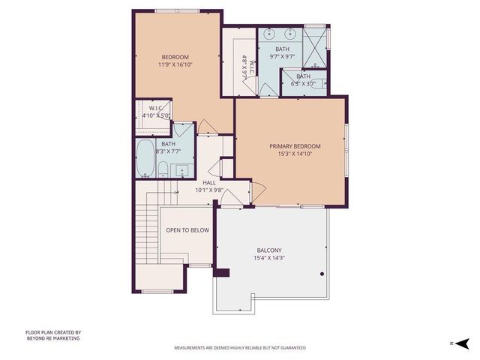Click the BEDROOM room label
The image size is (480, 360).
175,57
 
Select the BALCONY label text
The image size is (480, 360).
268,250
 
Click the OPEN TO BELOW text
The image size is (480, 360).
187,230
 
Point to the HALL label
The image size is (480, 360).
209,182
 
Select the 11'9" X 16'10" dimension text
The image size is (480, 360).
175,65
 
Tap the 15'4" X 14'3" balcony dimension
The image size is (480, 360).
268,259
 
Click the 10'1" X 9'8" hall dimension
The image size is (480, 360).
209,190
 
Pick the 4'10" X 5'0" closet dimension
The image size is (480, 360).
156,115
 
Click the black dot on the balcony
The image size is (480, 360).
322,274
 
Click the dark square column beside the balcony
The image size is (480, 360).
220,273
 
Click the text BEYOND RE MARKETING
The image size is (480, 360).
52,338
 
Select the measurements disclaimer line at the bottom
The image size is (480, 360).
240,348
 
